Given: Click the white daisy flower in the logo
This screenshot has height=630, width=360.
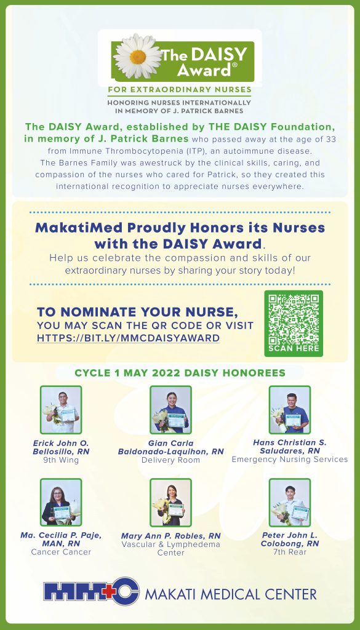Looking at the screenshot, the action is pos(137,57).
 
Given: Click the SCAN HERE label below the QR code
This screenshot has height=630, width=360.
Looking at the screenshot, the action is pos(294,348).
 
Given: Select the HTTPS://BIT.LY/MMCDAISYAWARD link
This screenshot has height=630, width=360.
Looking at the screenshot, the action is pos(128,338).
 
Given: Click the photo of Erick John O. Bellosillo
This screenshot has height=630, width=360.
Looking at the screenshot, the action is pos(61,410).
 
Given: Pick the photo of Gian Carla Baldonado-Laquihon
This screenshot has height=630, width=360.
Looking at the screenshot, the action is pos(170,410).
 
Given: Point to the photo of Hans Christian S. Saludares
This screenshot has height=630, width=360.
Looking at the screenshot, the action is pos(289,410).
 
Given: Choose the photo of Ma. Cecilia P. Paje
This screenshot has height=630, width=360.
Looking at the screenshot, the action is pos(61,502).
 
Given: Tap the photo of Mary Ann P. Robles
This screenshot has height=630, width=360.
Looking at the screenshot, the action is pos(170,502).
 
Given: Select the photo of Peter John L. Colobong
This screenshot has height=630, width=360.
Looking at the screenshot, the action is pos(289,502).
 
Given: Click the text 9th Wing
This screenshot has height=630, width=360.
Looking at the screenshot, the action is pos(61,460).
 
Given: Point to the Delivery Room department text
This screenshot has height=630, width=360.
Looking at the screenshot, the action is pos(170,460).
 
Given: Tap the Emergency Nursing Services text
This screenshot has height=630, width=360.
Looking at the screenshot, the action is pos(289,460).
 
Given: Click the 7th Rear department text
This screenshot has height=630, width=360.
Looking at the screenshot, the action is pos(289,552).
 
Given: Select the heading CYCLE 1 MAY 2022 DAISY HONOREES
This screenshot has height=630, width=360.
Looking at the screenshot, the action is pos(180,373).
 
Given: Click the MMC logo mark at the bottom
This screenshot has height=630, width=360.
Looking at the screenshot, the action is pos(91,592).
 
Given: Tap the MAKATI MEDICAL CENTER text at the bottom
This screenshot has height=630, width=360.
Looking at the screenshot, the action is pos(231,594).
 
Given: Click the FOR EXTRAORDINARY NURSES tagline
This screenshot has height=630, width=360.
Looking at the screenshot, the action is pos(179,89).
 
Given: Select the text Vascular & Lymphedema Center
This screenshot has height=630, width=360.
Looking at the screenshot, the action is pos(170,548).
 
